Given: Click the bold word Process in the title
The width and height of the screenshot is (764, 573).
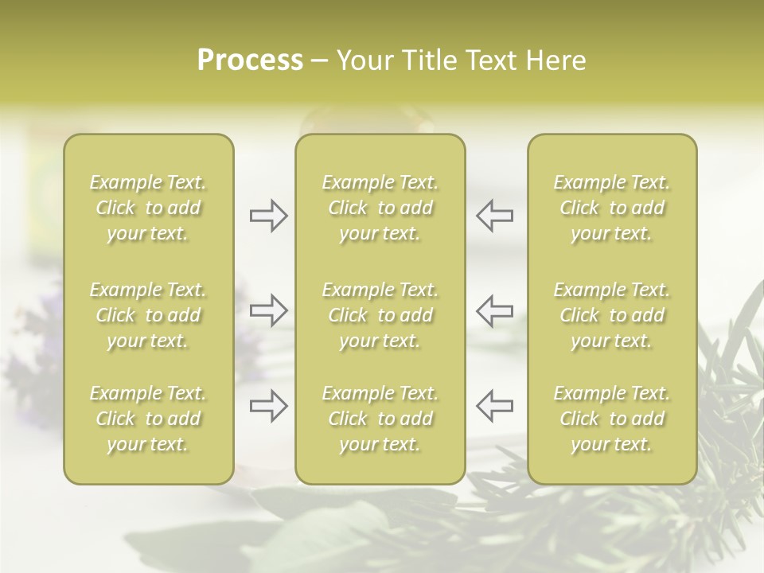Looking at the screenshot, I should click(250, 60).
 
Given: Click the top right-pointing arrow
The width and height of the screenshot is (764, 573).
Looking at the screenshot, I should click(268, 216).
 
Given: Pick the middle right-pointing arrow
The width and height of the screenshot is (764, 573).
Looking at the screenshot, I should click(268, 310).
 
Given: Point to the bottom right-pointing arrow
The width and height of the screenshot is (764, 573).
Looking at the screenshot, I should click(268, 406).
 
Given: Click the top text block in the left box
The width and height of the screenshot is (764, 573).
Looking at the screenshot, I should click(148, 208).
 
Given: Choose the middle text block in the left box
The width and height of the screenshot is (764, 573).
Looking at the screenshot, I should click(148, 315).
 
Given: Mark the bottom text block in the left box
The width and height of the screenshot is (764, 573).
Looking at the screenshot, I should click(148, 419).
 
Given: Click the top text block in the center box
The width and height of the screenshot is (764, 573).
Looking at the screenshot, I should click(380, 208).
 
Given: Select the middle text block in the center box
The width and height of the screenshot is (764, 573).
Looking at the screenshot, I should click(380, 315).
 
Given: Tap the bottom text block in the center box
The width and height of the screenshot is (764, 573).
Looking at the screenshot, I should click(380, 419).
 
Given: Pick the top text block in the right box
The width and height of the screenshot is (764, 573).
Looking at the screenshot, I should click(612, 208).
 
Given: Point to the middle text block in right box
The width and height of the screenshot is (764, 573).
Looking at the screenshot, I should click(612, 315).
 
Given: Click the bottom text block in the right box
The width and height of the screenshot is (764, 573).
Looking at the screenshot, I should click(612, 419).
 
